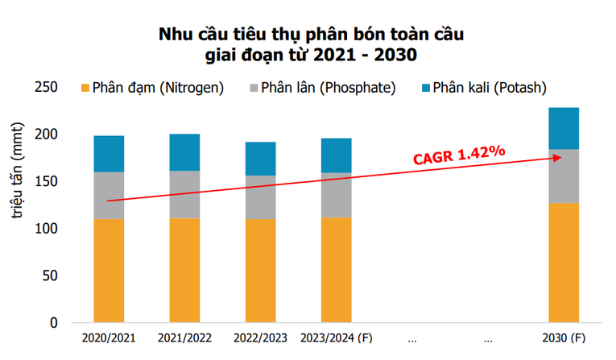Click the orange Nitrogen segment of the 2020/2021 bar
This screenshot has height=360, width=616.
click(109, 270)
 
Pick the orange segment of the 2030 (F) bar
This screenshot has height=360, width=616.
click(564, 263)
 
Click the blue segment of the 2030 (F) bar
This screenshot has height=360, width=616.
click(564, 128)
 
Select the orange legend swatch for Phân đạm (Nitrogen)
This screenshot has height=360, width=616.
click(85, 87)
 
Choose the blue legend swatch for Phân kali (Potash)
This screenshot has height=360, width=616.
click(424, 87)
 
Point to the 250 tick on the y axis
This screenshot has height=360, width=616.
click(47, 87)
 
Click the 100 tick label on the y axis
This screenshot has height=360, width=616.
click(47, 229)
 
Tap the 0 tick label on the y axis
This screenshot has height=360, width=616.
click(54, 323)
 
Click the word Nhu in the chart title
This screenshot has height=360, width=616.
click(176, 35)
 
